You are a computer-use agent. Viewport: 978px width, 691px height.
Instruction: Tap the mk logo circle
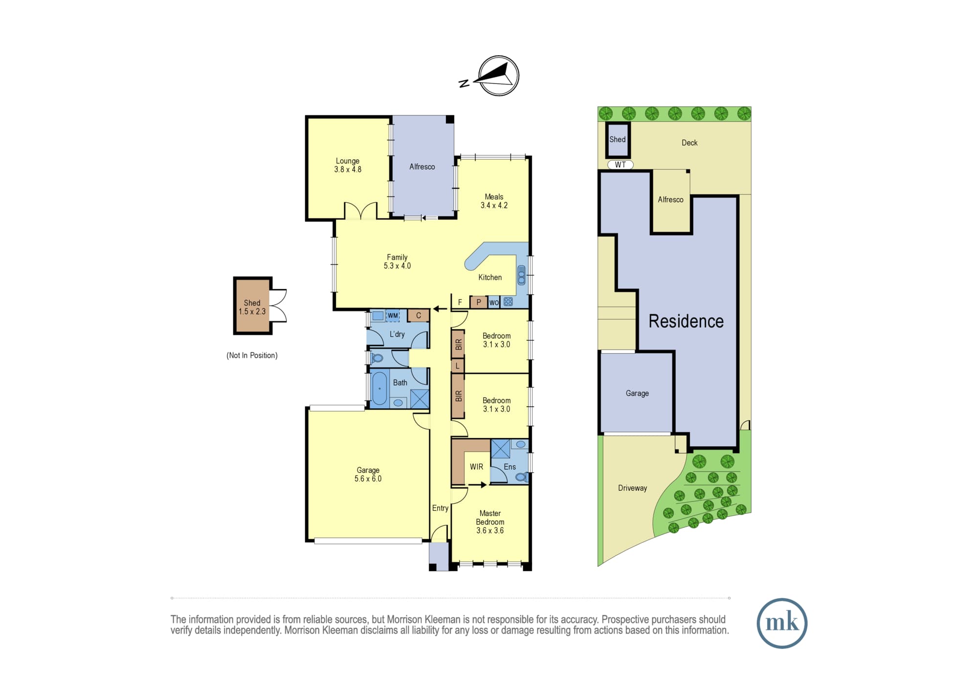pos(782,623)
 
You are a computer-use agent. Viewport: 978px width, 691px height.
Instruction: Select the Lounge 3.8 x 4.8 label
pos(348,165)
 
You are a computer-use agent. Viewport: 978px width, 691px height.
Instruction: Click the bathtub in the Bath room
pos(379,389)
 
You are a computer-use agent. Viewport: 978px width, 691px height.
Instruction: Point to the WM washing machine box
pos(393,316)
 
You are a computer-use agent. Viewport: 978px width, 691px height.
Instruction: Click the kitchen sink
pos(521,275)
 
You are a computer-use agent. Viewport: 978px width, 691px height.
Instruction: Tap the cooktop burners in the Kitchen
pos(508,302)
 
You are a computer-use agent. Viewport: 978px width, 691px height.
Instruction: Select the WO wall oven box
pos(494,302)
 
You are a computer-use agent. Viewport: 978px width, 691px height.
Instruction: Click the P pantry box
pos(478,302)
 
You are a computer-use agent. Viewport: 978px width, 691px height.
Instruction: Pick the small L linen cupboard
pos(458,366)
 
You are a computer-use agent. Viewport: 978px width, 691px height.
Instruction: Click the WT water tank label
pos(620,165)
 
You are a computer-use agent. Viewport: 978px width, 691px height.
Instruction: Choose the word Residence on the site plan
pos(686,321)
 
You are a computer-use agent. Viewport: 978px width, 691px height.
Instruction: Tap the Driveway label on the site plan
pos(632,488)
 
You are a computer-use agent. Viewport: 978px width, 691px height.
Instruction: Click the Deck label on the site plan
pos(689,143)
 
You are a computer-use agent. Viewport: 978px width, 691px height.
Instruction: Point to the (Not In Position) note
pos(252,355)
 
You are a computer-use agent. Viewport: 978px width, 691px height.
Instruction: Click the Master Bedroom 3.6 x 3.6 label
pos(490,522)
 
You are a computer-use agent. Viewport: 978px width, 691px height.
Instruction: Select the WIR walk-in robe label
pos(476,467)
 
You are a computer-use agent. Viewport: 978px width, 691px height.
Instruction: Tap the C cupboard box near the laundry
pos(419,316)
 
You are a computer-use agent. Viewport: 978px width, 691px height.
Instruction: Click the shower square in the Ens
pos(500,449)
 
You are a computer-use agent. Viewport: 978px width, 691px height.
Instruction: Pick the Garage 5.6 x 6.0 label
pos(368,475)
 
